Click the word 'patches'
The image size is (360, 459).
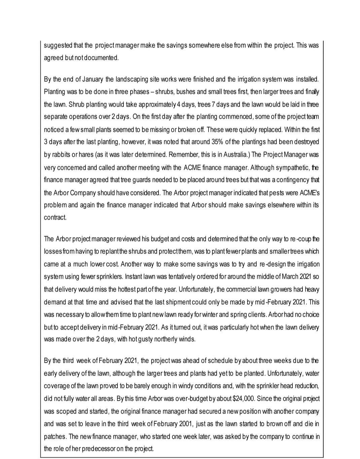[55, 437]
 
